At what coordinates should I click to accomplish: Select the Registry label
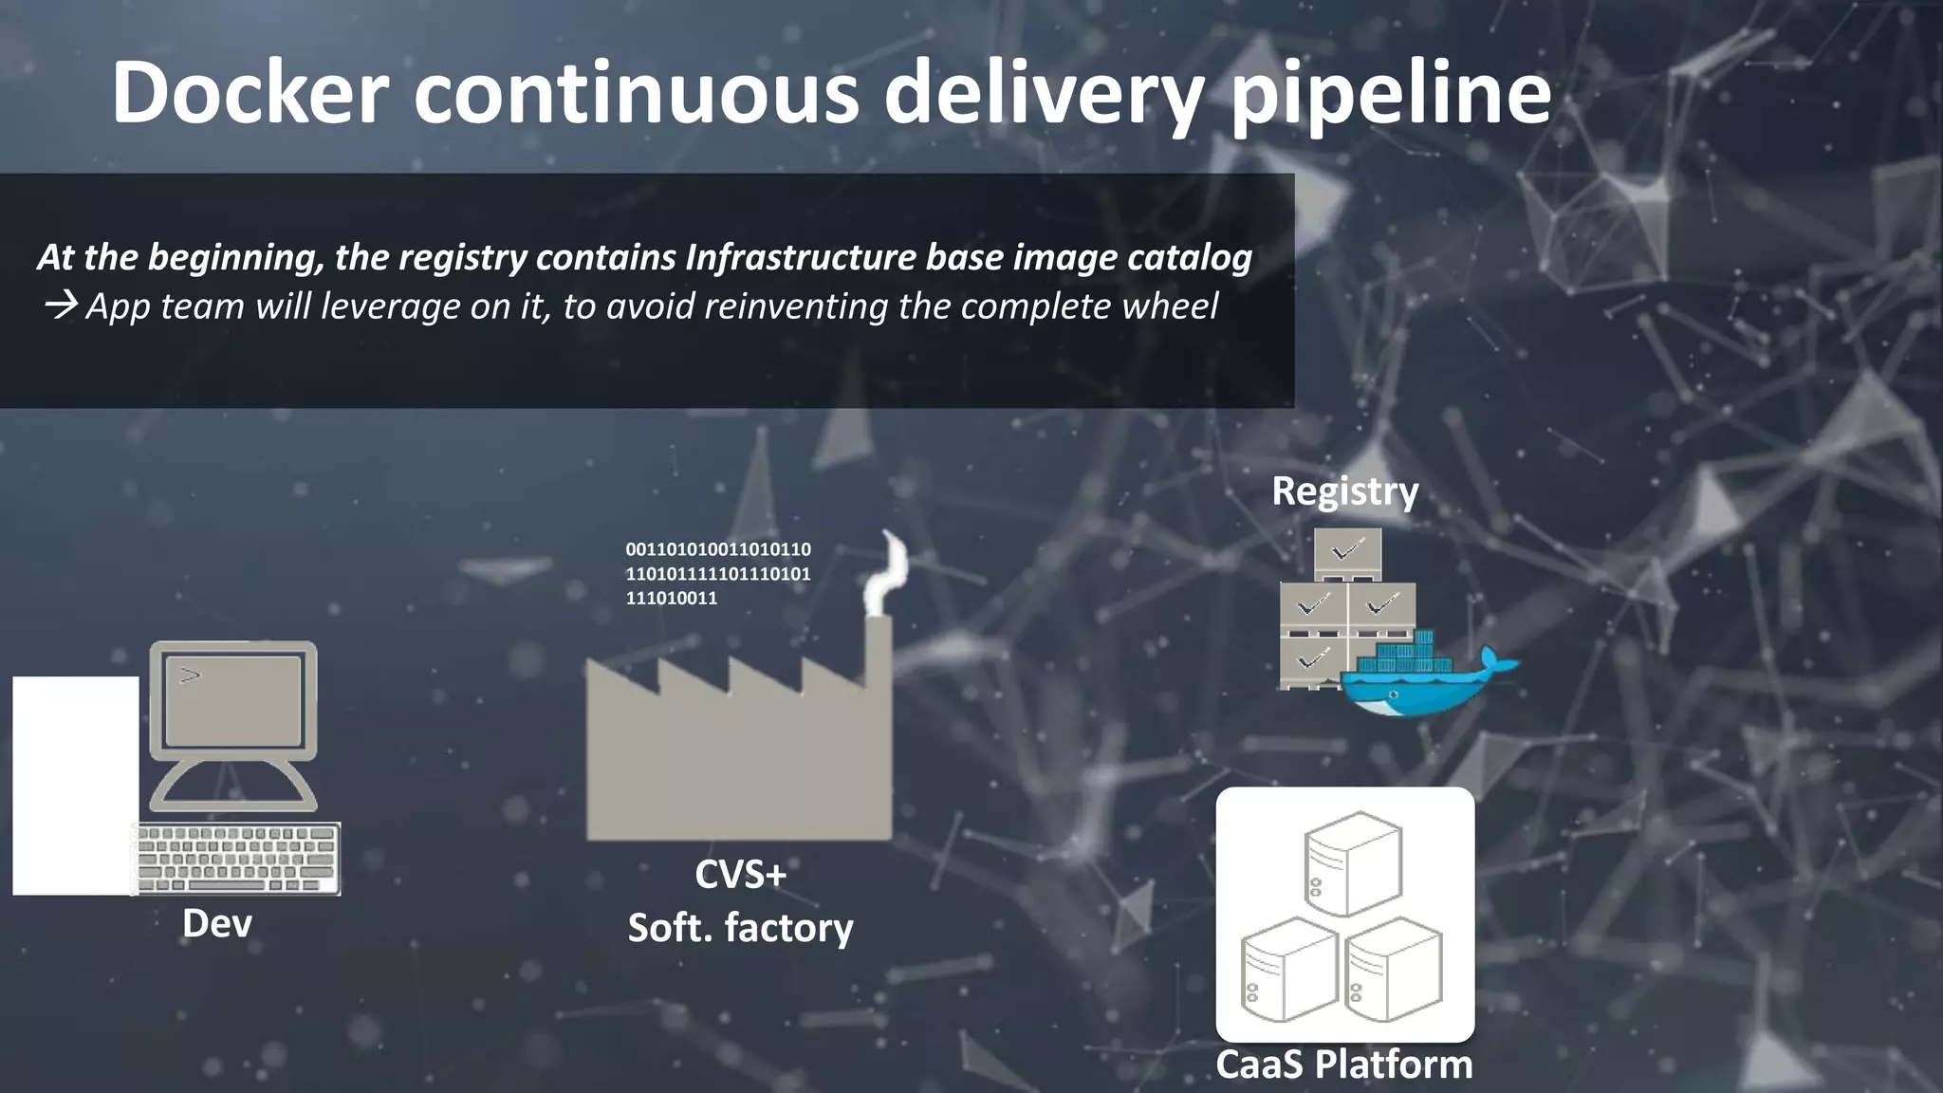(x=1344, y=491)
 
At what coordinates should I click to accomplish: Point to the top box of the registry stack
(x=1347, y=552)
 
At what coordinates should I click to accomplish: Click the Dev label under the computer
(x=216, y=923)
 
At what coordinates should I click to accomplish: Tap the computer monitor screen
(x=233, y=700)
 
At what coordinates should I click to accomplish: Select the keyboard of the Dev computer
(x=236, y=858)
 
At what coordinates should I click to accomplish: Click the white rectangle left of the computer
(x=75, y=786)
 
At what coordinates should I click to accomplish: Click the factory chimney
(x=878, y=655)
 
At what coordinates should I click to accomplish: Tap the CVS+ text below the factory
(x=740, y=874)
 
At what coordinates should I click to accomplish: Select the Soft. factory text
(x=740, y=928)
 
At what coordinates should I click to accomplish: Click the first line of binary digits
(x=718, y=549)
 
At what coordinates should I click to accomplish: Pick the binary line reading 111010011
(x=672, y=599)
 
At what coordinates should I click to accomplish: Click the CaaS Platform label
(x=1344, y=1065)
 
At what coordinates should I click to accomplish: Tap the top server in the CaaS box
(x=1352, y=861)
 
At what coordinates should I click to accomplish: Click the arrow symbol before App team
(x=61, y=306)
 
